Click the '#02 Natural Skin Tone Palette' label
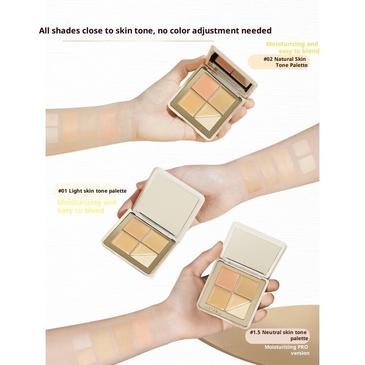[x=285, y=62]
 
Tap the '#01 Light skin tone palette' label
[x=92, y=191]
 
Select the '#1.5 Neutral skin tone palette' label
[x=279, y=335]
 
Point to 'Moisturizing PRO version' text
[x=287, y=350]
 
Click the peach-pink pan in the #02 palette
[x=206, y=83]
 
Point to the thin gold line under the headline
[x=138, y=41]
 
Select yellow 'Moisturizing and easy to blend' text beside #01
[x=87, y=206]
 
